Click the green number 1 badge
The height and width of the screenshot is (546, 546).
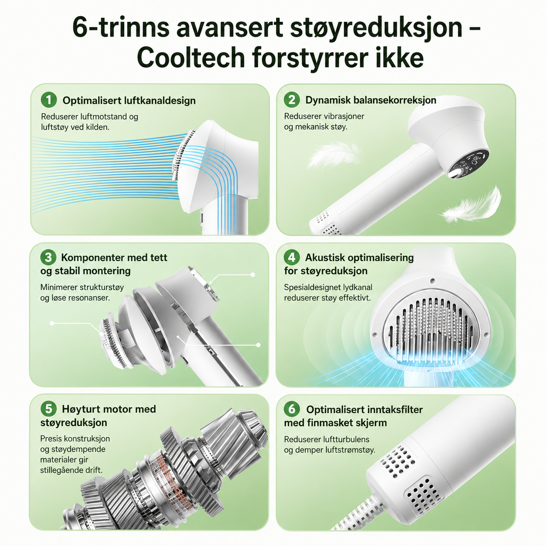click(x=48, y=100)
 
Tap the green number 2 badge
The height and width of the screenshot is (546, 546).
click(x=292, y=100)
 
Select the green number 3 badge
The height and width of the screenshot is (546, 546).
click(x=48, y=257)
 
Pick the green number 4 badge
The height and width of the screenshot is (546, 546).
click(x=292, y=257)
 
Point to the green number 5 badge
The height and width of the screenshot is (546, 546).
click(x=48, y=409)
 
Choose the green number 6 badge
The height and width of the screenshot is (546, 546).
click(x=292, y=409)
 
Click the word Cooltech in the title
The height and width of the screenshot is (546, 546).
click(x=191, y=58)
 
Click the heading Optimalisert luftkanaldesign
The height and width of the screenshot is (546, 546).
click(x=129, y=101)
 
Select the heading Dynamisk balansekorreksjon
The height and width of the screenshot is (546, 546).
click(x=371, y=100)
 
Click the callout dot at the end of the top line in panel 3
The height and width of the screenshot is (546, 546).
click(x=253, y=275)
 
